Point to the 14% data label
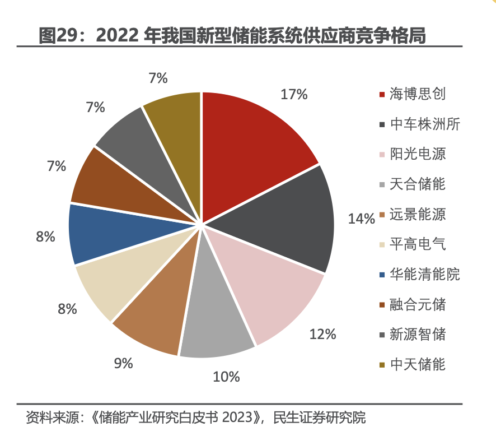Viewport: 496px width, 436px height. pos(361,219)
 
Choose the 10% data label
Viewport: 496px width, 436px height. pos(226,377)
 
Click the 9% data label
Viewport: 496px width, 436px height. pos(123,363)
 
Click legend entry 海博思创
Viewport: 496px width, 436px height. pos(418,94)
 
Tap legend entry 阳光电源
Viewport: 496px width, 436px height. pos(418,154)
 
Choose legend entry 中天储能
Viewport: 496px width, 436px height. pos(418,365)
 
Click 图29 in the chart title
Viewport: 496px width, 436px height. pos(59,35)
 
